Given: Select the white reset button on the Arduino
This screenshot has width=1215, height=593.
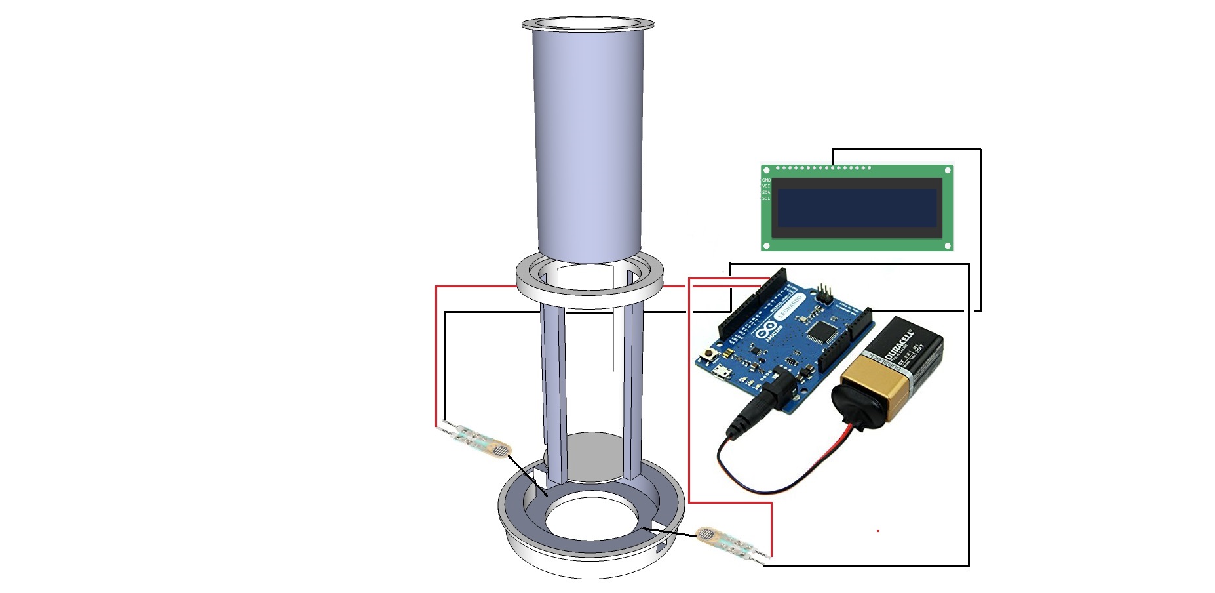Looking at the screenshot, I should (x=708, y=355).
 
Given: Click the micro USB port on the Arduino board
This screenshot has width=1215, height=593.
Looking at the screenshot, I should (x=722, y=375).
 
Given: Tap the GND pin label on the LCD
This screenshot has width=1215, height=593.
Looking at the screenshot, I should (x=766, y=180).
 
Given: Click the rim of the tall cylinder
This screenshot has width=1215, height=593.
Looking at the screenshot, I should (x=588, y=24).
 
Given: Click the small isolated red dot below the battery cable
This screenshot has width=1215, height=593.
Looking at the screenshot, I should (x=877, y=531).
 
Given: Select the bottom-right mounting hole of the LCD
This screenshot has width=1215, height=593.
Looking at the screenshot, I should (x=947, y=245).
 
